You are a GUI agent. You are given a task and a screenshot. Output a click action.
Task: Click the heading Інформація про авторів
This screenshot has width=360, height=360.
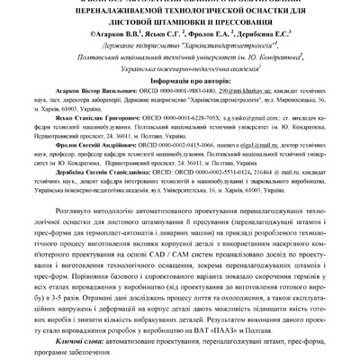click(x=180, y=77)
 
